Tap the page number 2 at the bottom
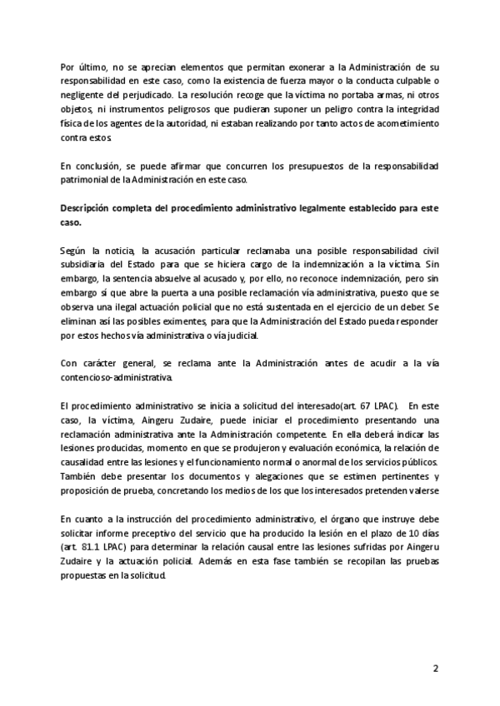tap(434, 669)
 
